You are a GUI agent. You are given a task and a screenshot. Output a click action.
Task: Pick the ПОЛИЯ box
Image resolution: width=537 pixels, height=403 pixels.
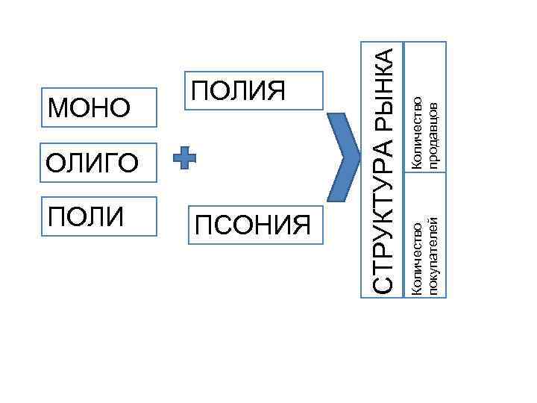tap(254, 93)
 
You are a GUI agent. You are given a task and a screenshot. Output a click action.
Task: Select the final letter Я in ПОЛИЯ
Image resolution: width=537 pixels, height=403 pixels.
tap(277, 91)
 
